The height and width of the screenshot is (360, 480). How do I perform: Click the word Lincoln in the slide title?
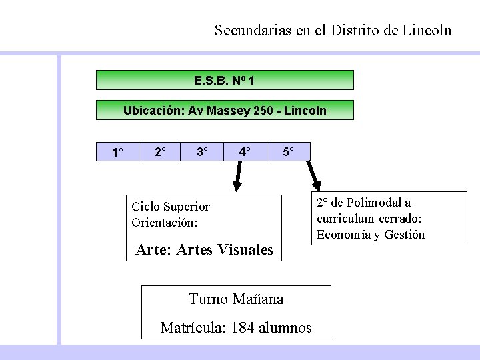click(427, 31)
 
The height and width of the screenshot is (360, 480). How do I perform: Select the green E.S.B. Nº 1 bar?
click(225, 81)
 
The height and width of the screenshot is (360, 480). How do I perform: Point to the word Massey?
click(229, 111)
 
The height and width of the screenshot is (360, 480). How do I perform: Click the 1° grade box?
click(117, 153)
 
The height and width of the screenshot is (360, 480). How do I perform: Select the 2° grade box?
click(161, 152)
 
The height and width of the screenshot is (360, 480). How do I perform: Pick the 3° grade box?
click(202, 152)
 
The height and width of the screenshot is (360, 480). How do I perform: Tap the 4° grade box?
click(245, 152)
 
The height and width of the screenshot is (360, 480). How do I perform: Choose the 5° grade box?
click(288, 152)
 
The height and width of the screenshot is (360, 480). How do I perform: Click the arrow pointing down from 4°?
click(237, 177)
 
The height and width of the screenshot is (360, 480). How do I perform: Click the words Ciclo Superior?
click(171, 207)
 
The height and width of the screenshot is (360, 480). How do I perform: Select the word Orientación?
click(165, 223)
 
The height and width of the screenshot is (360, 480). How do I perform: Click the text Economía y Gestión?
click(371, 235)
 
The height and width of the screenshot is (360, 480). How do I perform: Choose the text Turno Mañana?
click(236, 299)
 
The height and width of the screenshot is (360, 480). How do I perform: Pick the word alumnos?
click(285, 328)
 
